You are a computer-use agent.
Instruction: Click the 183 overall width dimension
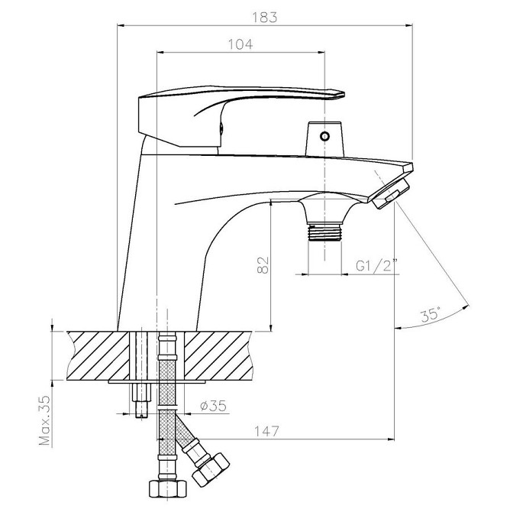(x=265, y=18)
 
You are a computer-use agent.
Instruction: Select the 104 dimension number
(x=240, y=44)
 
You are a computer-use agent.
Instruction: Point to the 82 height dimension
(x=263, y=265)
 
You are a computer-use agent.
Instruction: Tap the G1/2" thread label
(x=377, y=265)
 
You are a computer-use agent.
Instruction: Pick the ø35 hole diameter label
(x=213, y=406)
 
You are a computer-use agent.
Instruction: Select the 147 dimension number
(x=267, y=431)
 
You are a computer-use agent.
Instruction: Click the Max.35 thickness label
(x=45, y=420)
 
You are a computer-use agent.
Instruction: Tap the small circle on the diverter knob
(x=324, y=136)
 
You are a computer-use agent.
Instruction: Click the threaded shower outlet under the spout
(x=325, y=232)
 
